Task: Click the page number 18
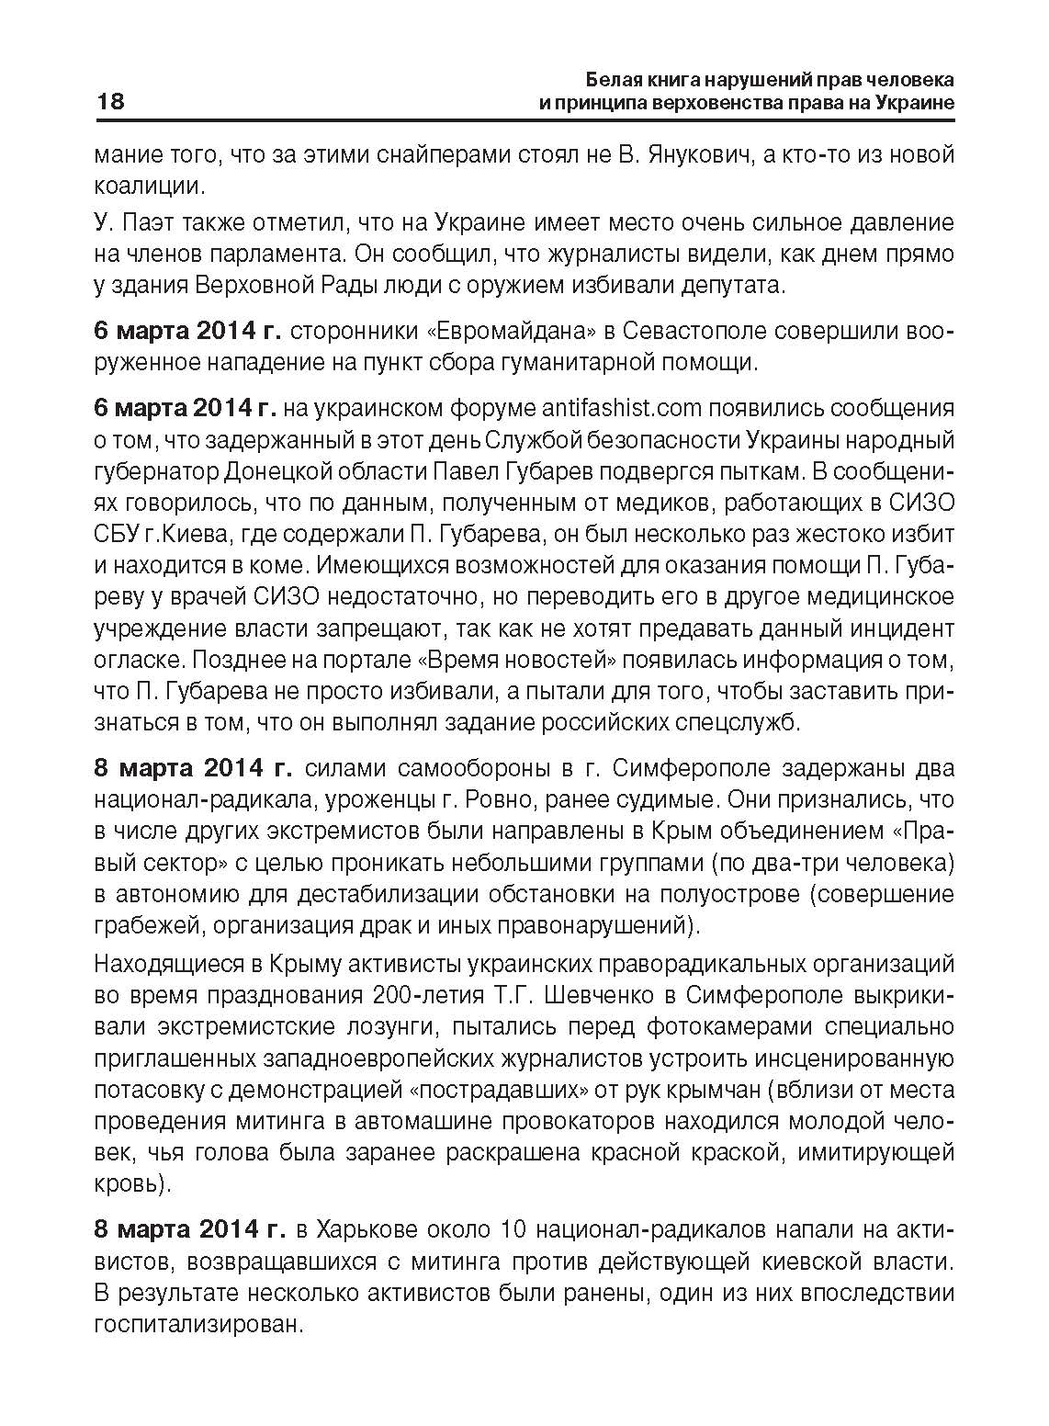(109, 101)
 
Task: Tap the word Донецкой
(301, 471)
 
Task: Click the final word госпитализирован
(197, 1324)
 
